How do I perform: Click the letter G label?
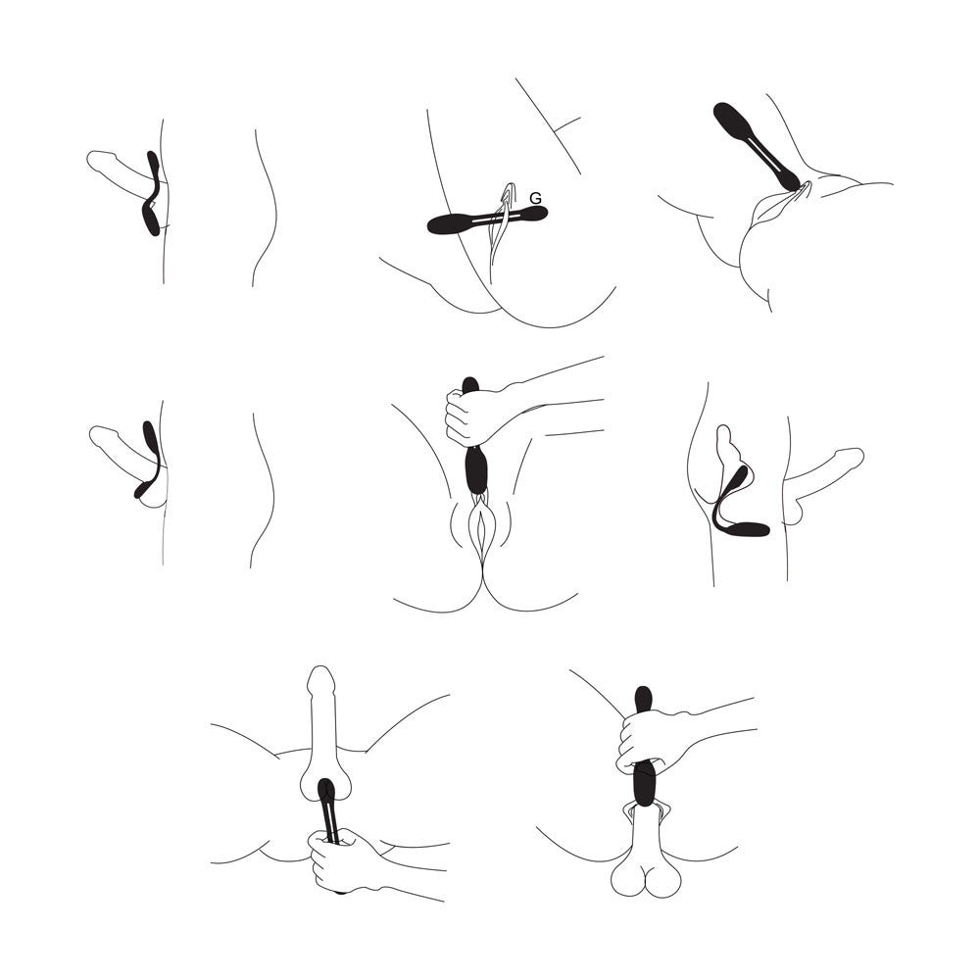click(535, 198)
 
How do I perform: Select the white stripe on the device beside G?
click(495, 220)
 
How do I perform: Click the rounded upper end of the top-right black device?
click(731, 119)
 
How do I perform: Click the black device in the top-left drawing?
click(151, 193)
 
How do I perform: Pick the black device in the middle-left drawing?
click(148, 460)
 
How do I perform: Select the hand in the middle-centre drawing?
click(470, 417)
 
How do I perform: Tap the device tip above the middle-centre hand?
click(469, 383)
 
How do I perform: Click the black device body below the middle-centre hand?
click(477, 470)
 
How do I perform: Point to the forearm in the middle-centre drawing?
click(557, 400)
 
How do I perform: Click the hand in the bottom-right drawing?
click(650, 741)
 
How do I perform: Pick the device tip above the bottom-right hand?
click(643, 699)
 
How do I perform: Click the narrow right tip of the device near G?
click(536, 213)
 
